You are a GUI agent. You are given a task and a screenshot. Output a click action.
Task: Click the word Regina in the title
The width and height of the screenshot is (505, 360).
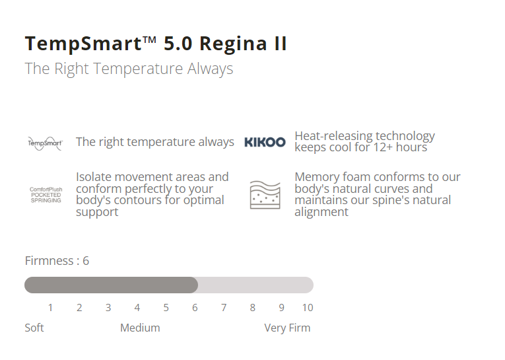tap(233, 44)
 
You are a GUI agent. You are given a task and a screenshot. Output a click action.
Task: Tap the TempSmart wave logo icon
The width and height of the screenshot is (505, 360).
tap(45, 143)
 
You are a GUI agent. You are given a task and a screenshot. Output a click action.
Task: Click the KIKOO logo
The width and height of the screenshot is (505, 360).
tap(265, 142)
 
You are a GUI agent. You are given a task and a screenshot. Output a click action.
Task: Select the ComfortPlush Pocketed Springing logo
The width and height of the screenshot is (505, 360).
tap(46, 195)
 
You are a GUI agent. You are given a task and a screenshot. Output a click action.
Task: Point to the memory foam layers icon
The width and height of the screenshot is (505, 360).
tap(265, 195)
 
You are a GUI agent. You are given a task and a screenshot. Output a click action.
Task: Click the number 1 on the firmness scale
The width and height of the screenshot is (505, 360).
tap(50, 308)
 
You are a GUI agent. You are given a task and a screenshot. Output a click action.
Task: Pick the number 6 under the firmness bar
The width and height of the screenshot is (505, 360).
tap(195, 308)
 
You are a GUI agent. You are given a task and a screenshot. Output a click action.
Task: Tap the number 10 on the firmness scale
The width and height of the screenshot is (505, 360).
tap(308, 308)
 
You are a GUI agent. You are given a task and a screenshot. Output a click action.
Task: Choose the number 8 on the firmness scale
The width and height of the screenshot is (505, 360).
tap(252, 308)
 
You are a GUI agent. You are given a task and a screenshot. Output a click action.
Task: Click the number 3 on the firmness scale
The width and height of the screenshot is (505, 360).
tap(108, 308)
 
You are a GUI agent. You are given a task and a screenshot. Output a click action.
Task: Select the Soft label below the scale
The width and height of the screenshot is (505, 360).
tap(34, 328)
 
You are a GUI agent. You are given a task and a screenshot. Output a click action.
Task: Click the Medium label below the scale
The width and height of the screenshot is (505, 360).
tap(140, 328)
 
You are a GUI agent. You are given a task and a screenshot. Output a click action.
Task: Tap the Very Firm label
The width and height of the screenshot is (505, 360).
tap(287, 328)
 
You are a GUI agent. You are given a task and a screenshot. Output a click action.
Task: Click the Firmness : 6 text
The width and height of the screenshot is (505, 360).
tap(57, 261)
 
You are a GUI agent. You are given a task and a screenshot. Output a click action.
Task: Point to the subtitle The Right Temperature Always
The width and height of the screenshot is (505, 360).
tap(129, 69)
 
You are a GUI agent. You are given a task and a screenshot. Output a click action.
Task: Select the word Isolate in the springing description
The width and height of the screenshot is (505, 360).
tap(94, 177)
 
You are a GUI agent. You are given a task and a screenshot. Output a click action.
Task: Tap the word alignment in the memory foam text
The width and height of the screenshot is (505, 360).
tap(321, 212)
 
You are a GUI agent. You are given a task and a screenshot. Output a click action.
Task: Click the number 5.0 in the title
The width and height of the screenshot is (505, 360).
tap(178, 44)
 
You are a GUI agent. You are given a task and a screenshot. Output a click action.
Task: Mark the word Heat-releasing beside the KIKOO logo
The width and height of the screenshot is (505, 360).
tap(333, 136)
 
